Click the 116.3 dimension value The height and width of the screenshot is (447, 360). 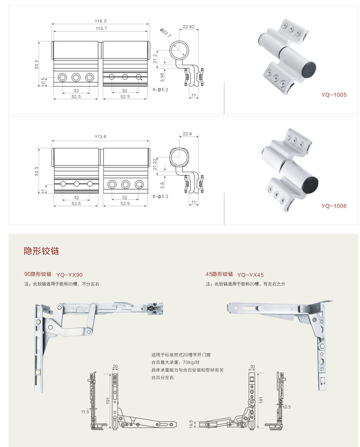pos(100,21)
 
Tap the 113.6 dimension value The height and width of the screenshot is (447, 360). pos(100,137)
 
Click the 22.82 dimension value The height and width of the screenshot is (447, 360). pos(188,27)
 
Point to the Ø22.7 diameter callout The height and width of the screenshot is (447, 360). pos(165,32)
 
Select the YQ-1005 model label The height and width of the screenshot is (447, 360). pos(334,95)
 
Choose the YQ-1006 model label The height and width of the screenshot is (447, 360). pos(334,206)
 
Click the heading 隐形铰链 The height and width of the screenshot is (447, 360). pos(42,251)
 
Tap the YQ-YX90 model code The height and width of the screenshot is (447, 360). pos(69,275)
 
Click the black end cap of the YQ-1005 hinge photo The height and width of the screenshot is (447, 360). pos(309,68)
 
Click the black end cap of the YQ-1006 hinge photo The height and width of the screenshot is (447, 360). pos(310,183)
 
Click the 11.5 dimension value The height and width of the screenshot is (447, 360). pos(85,412)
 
